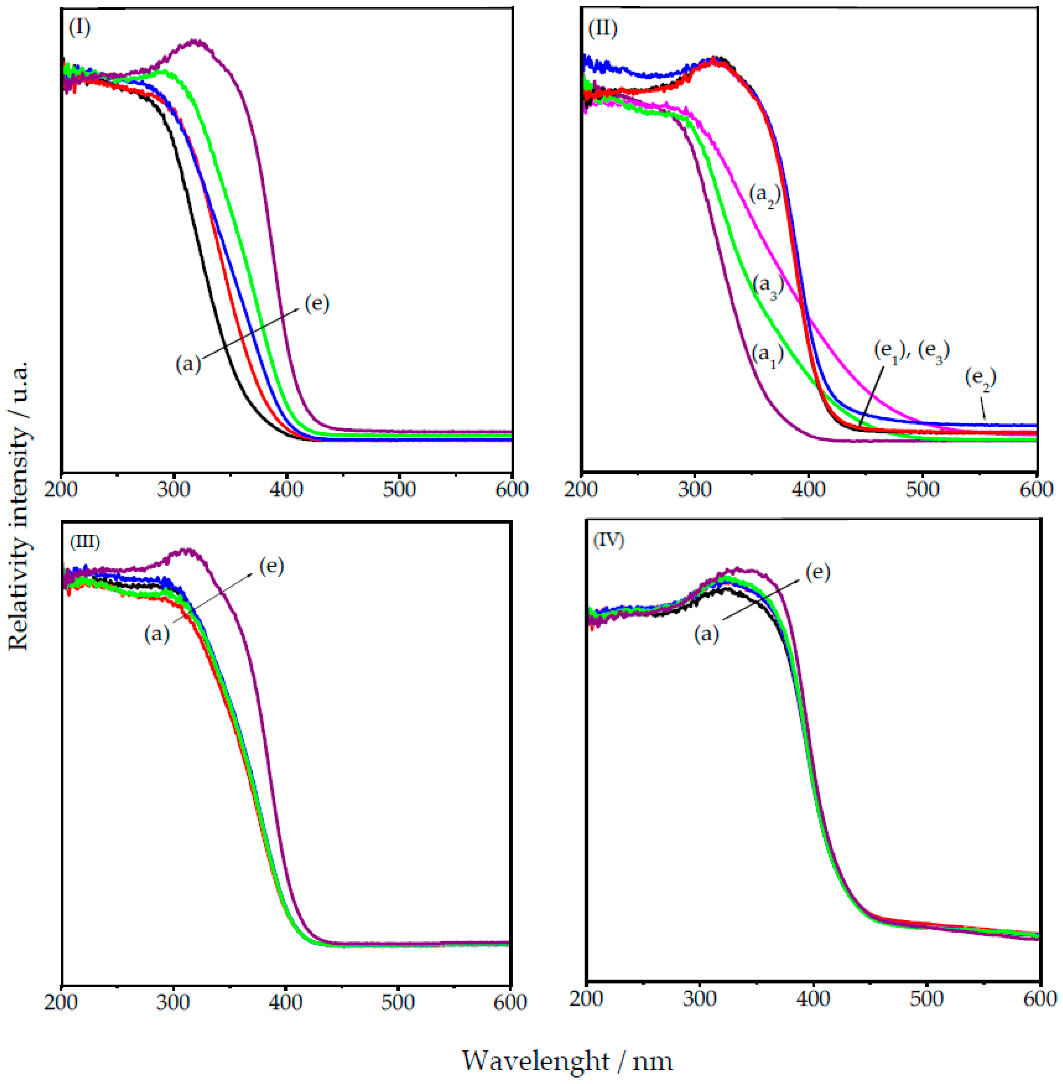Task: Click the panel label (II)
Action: [x=602, y=27]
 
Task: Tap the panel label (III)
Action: [x=84, y=542]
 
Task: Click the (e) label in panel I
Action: [x=316, y=303]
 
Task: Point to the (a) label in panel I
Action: [x=188, y=364]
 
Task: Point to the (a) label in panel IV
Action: [x=706, y=634]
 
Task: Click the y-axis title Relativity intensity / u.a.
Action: [x=18, y=505]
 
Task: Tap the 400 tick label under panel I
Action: [x=286, y=490]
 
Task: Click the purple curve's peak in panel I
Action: [x=196, y=41]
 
